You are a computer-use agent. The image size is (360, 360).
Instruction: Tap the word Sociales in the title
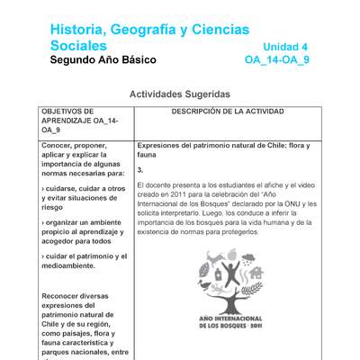click(x=78, y=46)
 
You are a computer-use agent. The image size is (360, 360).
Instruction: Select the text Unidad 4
click(x=285, y=47)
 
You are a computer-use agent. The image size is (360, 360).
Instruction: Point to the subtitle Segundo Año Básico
click(x=103, y=60)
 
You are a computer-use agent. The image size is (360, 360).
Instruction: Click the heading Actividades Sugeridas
click(x=179, y=94)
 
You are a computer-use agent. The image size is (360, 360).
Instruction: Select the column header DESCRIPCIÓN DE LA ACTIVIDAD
click(x=228, y=112)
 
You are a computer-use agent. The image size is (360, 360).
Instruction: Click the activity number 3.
click(x=140, y=169)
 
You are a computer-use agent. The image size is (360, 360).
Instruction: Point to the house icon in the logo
click(x=256, y=272)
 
